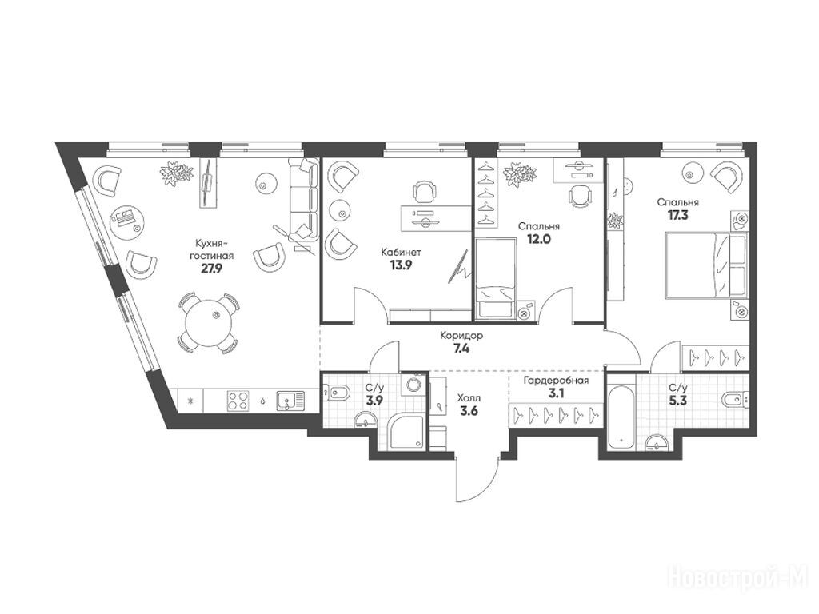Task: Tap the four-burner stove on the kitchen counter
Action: coord(238,401)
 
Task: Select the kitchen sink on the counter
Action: coord(290,401)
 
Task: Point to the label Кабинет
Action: coord(401,253)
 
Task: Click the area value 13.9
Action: coord(401,265)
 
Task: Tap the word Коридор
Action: coord(461,337)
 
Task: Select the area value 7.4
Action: coord(461,349)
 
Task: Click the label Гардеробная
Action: coord(557,381)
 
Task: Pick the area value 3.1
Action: coord(556,393)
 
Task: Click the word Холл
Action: coord(469,398)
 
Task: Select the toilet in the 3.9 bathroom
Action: coord(336,390)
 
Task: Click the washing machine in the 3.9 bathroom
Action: coord(414,385)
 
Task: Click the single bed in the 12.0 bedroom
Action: coord(494,277)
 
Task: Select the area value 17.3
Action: coord(677,214)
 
